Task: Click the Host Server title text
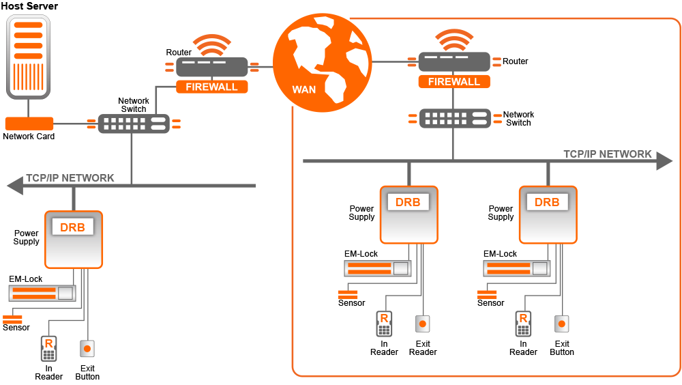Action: (29, 6)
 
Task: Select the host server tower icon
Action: (28, 57)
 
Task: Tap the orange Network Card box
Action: (29, 124)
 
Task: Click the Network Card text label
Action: (29, 137)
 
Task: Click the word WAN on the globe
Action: (304, 89)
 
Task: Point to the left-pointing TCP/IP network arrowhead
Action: (15, 186)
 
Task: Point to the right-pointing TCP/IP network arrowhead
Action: (664, 160)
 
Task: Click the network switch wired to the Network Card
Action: (134, 124)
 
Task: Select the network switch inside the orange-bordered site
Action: (455, 119)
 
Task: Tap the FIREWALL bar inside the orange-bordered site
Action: (454, 81)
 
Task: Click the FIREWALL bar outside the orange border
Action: (212, 87)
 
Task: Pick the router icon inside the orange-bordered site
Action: (454, 61)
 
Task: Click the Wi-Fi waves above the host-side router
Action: (212, 45)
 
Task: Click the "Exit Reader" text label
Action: (423, 348)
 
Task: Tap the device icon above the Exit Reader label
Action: (422, 324)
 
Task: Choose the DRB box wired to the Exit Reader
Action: (409, 215)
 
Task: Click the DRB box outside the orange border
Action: (74, 240)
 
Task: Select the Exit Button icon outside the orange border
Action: (87, 349)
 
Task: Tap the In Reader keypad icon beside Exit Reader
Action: (384, 324)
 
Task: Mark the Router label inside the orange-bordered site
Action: (516, 61)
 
